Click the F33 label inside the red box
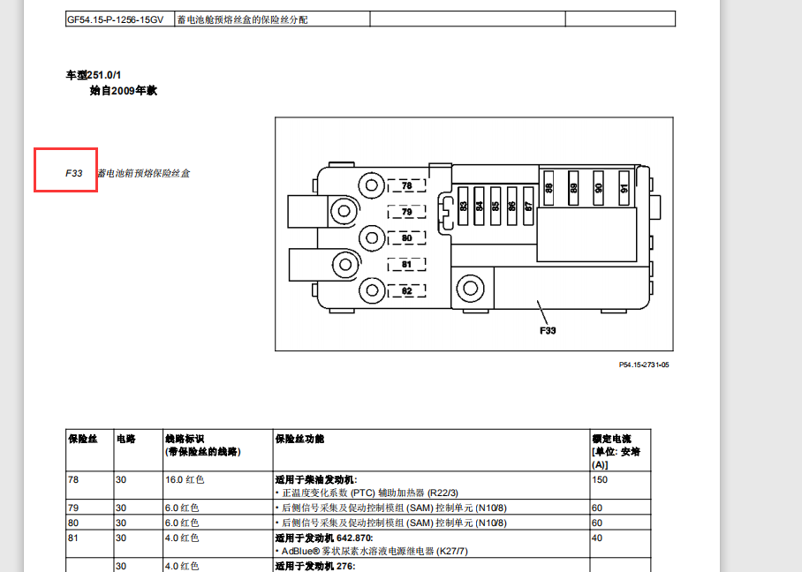pyautogui.click(x=74, y=174)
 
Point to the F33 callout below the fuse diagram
pyautogui.click(x=548, y=332)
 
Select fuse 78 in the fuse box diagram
pyautogui.click(x=406, y=186)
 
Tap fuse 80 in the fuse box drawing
pyautogui.click(x=406, y=238)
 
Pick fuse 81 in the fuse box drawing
pyautogui.click(x=406, y=264)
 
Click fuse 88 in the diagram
pyautogui.click(x=549, y=188)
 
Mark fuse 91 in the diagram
pyautogui.click(x=624, y=188)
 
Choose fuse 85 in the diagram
pyautogui.click(x=496, y=206)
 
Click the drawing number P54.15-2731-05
pyautogui.click(x=644, y=364)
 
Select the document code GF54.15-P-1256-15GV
pyautogui.click(x=115, y=19)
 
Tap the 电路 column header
pyautogui.click(x=126, y=439)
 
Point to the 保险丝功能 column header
pyautogui.click(x=299, y=439)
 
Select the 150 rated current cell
pyautogui.click(x=600, y=479)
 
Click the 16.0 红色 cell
pyautogui.click(x=185, y=479)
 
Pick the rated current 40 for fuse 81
pyautogui.click(x=597, y=538)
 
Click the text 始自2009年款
pyautogui.click(x=123, y=91)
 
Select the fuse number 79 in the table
pyautogui.click(x=74, y=508)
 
